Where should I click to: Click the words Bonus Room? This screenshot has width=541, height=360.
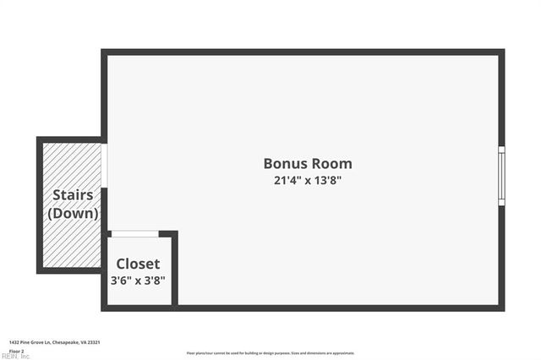click(x=308, y=164)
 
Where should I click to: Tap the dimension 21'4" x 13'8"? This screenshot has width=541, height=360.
click(x=308, y=180)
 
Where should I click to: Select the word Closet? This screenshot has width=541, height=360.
click(x=138, y=264)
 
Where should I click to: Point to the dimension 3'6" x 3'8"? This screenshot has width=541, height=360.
click(x=138, y=280)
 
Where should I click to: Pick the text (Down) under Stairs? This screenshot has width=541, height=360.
click(x=73, y=213)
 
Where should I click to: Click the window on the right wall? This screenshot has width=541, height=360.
click(x=501, y=175)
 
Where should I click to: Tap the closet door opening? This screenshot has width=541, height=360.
click(x=134, y=234)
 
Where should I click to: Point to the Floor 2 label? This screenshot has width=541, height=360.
click(x=17, y=351)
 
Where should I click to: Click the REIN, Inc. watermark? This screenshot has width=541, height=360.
click(x=15, y=356)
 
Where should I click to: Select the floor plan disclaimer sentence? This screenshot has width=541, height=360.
click(x=270, y=353)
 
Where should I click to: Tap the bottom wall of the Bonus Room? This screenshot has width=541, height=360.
click(x=338, y=308)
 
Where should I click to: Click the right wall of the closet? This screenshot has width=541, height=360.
click(x=175, y=270)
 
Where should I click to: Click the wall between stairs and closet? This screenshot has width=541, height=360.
click(x=104, y=254)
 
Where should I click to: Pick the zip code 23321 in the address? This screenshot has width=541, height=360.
click(x=96, y=342)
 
